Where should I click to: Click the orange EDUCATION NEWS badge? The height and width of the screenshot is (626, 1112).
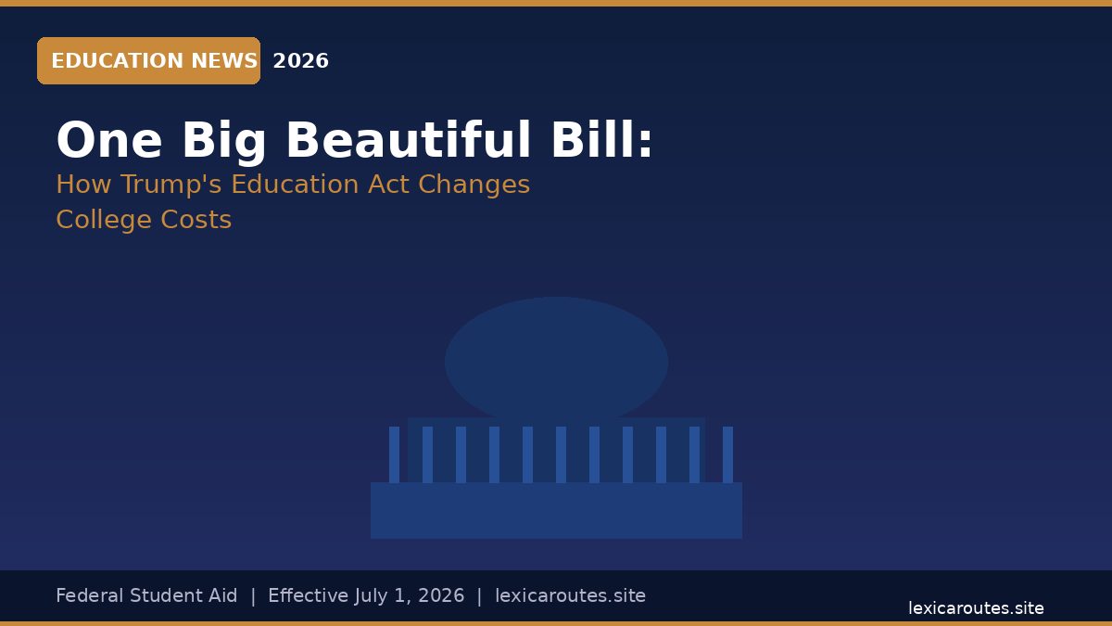(x=148, y=60)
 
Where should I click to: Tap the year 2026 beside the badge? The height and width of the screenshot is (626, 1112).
(x=301, y=61)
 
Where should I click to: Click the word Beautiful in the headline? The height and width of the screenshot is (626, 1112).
(x=409, y=140)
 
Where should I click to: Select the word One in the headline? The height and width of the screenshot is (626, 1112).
(x=109, y=140)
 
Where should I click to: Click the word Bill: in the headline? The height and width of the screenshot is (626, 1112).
(x=602, y=140)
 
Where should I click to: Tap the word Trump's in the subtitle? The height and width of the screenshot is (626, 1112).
(x=171, y=185)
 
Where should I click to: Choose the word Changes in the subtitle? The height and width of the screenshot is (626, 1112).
(x=474, y=185)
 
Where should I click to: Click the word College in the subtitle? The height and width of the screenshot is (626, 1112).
(x=104, y=220)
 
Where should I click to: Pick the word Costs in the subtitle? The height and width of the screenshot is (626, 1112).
(x=196, y=220)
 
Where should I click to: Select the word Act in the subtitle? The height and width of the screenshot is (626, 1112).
(x=388, y=185)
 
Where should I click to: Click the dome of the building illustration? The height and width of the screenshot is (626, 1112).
(x=556, y=359)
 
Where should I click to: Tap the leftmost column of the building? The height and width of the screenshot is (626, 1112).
(x=394, y=454)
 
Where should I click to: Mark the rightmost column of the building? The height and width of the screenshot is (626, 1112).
(x=727, y=454)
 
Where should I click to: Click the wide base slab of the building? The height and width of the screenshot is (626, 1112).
(x=557, y=510)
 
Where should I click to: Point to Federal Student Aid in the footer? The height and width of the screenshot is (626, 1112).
(x=146, y=595)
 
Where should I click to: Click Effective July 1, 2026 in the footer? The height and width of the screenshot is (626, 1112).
(x=366, y=595)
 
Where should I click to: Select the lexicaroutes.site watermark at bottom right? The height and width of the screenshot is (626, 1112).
(x=976, y=608)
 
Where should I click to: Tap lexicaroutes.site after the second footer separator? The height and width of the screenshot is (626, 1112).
(x=571, y=595)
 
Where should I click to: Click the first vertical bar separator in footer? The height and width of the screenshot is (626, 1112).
(x=253, y=596)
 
